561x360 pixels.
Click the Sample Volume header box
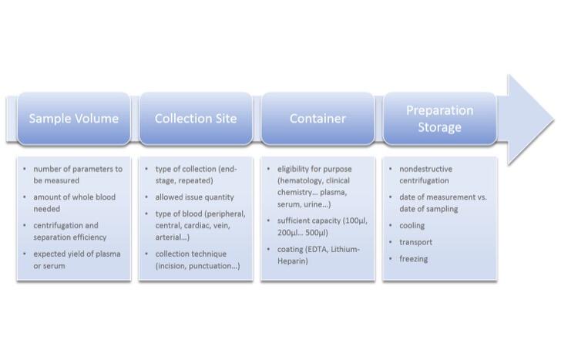[74, 119]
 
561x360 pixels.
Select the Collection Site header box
[196, 119]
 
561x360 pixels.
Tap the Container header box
[317, 119]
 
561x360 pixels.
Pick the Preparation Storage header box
[440, 119]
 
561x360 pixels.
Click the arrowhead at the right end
[529, 120]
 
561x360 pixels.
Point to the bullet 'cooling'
[412, 225]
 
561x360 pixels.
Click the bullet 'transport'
[416, 242]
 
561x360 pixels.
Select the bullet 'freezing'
[414, 259]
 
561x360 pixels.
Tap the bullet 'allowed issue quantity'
[194, 197]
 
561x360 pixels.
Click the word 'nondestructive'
[425, 169]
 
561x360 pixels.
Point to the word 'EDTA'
[316, 249]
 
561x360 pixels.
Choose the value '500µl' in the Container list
[316, 233]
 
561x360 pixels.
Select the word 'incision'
[170, 266]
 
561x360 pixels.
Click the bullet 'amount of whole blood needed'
[75, 203]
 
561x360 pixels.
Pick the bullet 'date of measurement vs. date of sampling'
[443, 203]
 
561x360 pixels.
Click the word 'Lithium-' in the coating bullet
[345, 249]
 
